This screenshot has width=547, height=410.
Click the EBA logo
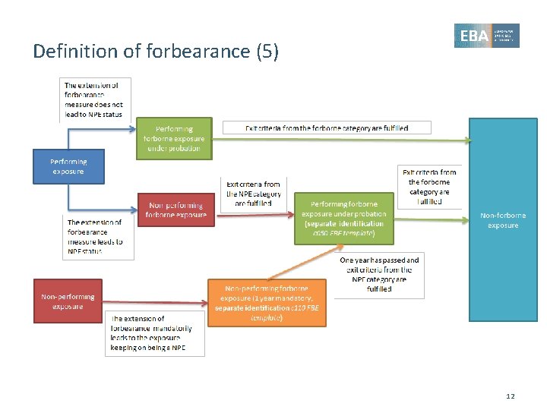(486, 36)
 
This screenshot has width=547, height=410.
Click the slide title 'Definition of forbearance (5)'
(156, 52)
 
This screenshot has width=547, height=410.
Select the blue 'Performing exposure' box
(68, 167)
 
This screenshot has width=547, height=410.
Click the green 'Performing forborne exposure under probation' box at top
(174, 139)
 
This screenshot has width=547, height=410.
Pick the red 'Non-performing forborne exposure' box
(175, 210)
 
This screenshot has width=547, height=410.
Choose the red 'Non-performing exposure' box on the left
(68, 301)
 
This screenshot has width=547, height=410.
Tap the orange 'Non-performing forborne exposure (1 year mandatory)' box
(267, 303)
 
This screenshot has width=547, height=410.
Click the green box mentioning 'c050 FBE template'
(343, 219)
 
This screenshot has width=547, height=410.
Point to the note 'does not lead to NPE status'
(95, 99)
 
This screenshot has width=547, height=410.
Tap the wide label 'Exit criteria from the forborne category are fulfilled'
(327, 128)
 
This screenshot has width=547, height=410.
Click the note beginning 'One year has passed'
(379, 274)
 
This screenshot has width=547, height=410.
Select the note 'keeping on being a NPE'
(154, 333)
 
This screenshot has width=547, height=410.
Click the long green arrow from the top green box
(342, 140)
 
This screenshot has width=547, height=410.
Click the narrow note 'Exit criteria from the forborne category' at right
(429, 187)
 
